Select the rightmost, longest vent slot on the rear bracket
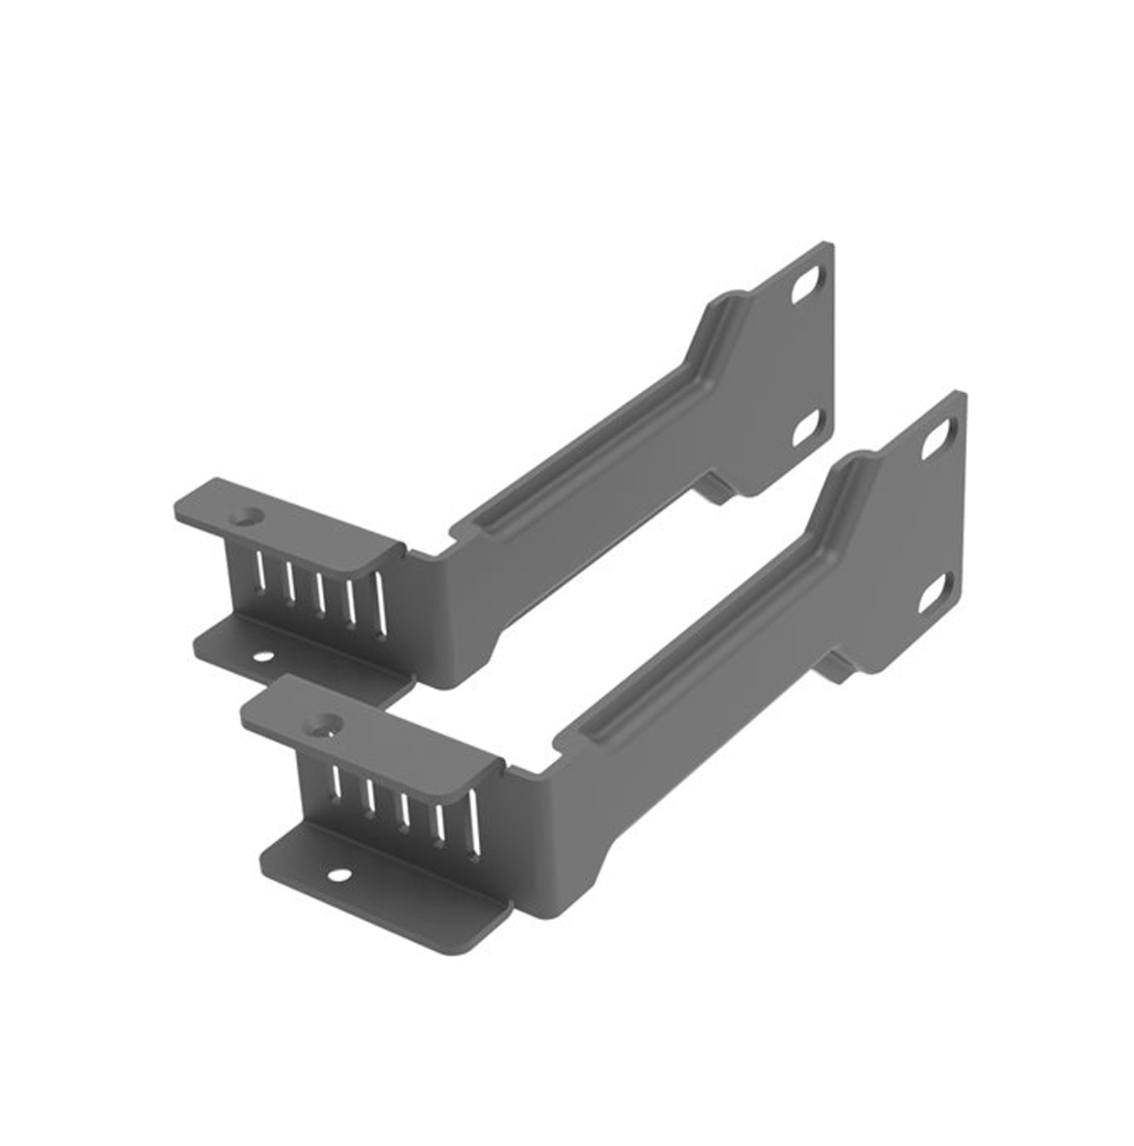click(380, 604)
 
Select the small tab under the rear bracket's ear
click(716, 492)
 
